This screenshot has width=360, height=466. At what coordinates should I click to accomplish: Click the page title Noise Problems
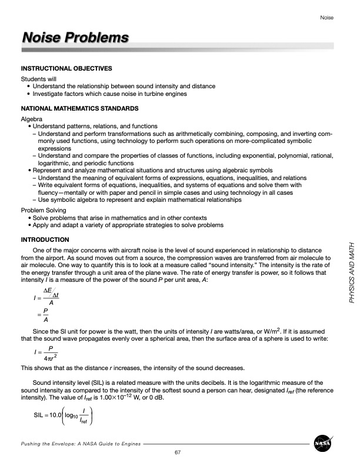pos(75,38)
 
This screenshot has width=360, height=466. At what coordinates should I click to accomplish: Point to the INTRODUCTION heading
pos(45,239)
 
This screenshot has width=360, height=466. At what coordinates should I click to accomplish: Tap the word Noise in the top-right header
pos(326,18)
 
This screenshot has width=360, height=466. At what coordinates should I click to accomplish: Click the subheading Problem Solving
pos(44,210)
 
